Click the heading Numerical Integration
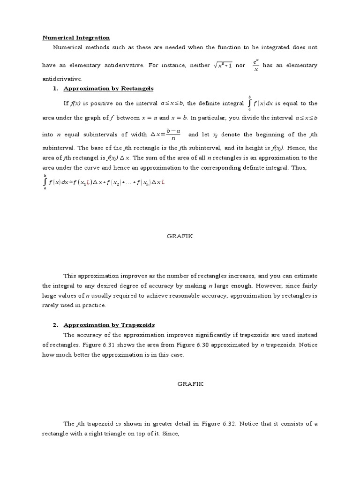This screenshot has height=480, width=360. tap(76, 37)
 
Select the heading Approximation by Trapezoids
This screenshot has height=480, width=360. tap(109, 325)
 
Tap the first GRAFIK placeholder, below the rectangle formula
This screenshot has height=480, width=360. tap(180, 236)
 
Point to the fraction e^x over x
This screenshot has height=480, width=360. tap(255, 65)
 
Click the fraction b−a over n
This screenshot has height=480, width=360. tap(173, 135)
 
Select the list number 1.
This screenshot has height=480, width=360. tap(55, 88)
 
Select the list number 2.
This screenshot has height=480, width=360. tap(55, 325)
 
